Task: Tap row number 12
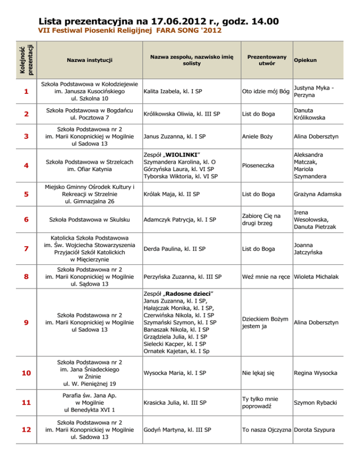click(x=26, y=429)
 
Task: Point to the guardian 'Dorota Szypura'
click(x=315, y=429)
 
